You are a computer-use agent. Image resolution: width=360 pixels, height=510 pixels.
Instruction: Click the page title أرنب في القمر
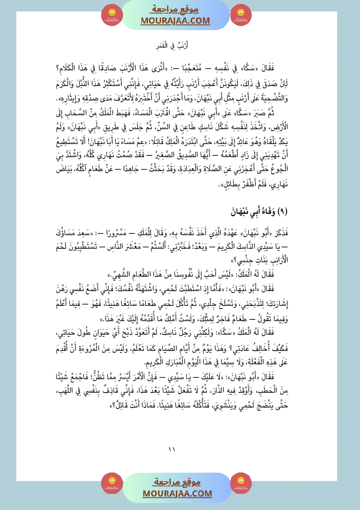pos(180,45)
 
